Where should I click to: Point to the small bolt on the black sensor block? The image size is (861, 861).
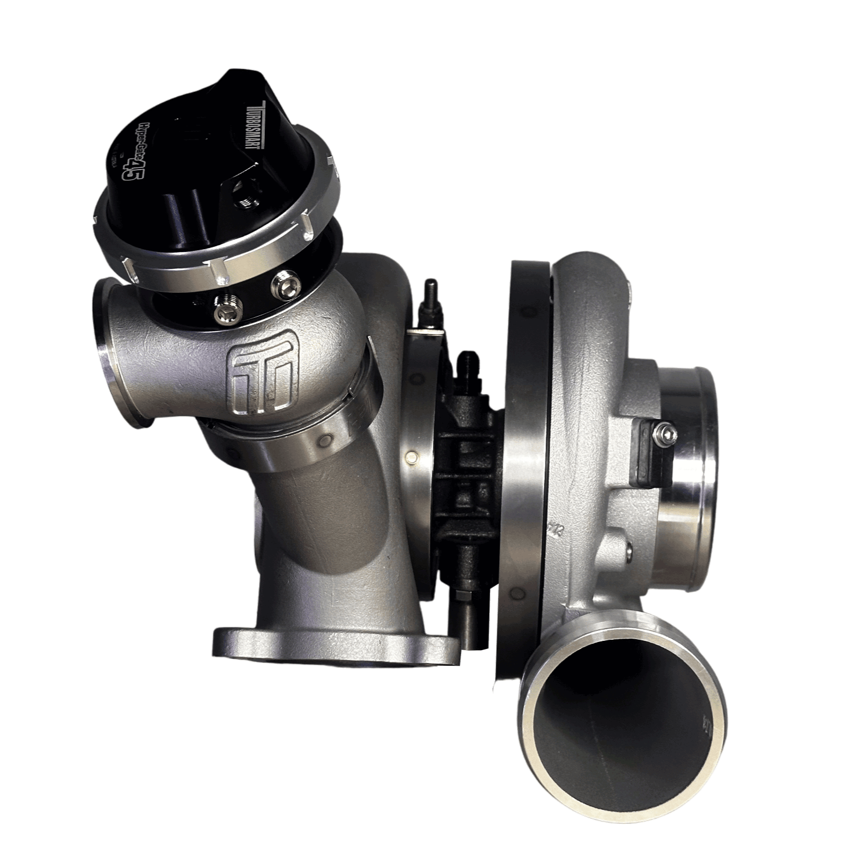(x=667, y=433)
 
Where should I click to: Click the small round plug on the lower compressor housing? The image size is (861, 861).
(x=629, y=547)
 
